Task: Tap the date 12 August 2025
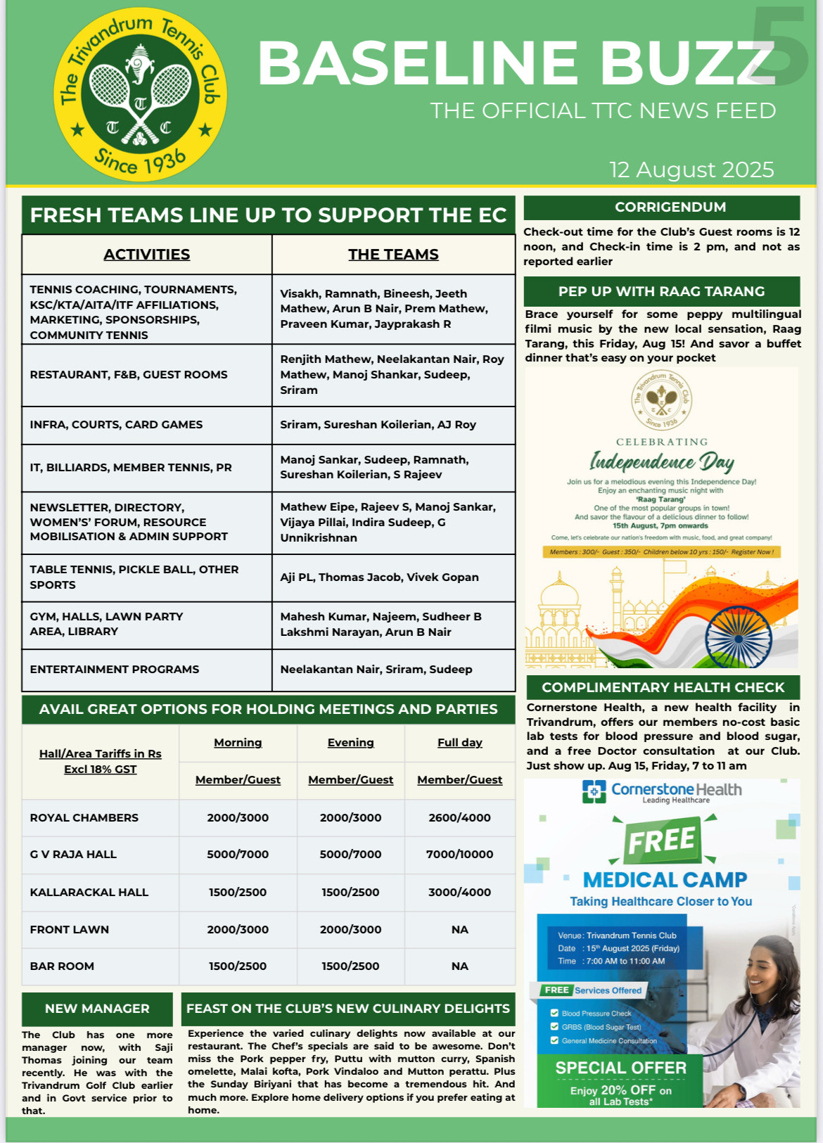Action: pyautogui.click(x=691, y=170)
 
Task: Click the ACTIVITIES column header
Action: pyautogui.click(x=146, y=254)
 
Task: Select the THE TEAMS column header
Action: pyautogui.click(x=393, y=254)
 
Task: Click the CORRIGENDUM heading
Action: pyautogui.click(x=670, y=207)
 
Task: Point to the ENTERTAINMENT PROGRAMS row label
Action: pyautogui.click(x=115, y=669)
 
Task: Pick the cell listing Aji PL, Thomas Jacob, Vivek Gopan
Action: pyautogui.click(x=379, y=577)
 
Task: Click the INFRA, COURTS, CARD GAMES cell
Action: pyautogui.click(x=116, y=424)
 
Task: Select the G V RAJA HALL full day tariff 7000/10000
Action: pyautogui.click(x=459, y=854)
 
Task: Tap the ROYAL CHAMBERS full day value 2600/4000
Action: pyautogui.click(x=459, y=817)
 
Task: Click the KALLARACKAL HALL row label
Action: pyautogui.click(x=89, y=892)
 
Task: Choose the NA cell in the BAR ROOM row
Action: pyautogui.click(x=459, y=966)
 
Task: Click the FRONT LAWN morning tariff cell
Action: pyautogui.click(x=238, y=929)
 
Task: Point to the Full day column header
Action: pyautogui.click(x=459, y=742)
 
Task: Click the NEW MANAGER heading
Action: pyautogui.click(x=97, y=1008)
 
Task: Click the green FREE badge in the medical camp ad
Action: pyautogui.click(x=662, y=840)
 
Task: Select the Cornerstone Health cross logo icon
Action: pyautogui.click(x=594, y=791)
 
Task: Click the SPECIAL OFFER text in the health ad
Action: pyautogui.click(x=620, y=1068)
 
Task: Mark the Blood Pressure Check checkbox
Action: pyautogui.click(x=554, y=1013)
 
